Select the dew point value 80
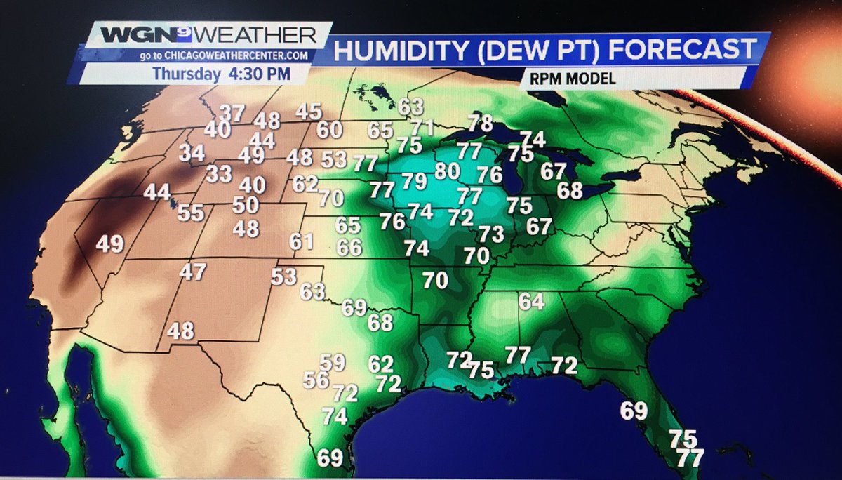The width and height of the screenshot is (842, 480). point(447,171)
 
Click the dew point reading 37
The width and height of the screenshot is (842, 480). point(233,112)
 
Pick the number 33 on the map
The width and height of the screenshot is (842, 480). point(219,173)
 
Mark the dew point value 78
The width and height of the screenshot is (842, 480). point(481,123)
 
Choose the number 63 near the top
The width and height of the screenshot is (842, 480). point(411,107)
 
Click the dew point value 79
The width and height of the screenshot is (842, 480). point(414,181)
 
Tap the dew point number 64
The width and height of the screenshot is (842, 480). point(532,302)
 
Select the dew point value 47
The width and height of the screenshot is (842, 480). point(192,272)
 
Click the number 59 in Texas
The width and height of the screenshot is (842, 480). point(333,363)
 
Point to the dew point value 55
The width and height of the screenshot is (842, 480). point(190,213)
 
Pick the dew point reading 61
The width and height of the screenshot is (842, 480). point(301,241)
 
